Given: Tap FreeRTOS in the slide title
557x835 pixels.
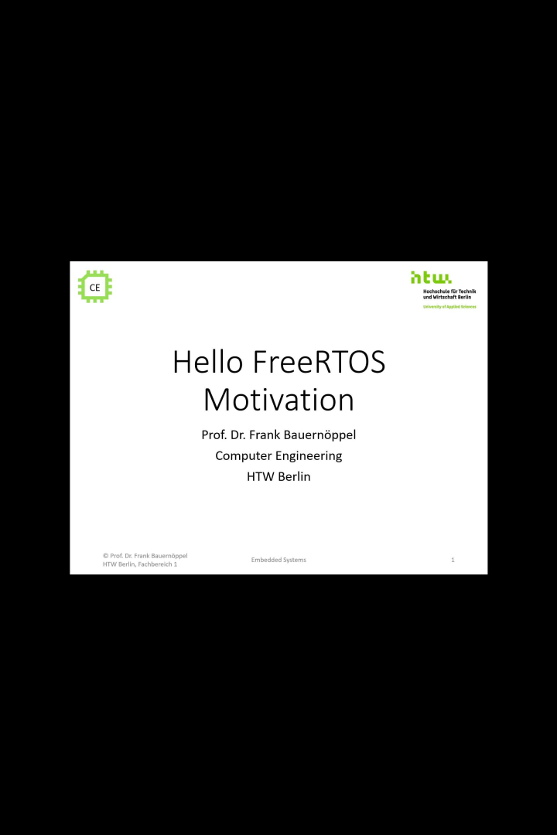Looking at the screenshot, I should pyautogui.click(x=319, y=362).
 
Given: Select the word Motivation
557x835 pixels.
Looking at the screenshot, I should pyautogui.click(x=278, y=400).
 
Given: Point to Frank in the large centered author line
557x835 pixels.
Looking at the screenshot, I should pyautogui.click(x=268, y=435).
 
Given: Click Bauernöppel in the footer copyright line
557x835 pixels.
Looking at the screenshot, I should pyautogui.click(x=169, y=555).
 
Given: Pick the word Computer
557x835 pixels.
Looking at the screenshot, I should pyautogui.click(x=244, y=455).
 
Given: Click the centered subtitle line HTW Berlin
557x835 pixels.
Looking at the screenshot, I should pyautogui.click(x=278, y=476).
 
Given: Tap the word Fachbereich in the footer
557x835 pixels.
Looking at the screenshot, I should pyautogui.click(x=153, y=564).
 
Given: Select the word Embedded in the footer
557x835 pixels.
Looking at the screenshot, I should pyautogui.click(x=265, y=560).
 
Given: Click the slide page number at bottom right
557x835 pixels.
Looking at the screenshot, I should pyautogui.click(x=453, y=560).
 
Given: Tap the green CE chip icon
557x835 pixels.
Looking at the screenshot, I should pyautogui.click(x=95, y=287).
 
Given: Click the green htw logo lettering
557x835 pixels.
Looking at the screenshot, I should pyautogui.click(x=431, y=278).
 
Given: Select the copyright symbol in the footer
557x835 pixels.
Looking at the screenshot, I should pyautogui.click(x=105, y=555).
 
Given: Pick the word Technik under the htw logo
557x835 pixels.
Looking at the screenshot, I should pyautogui.click(x=467, y=291).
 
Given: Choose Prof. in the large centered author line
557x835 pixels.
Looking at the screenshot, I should pyautogui.click(x=214, y=435).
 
